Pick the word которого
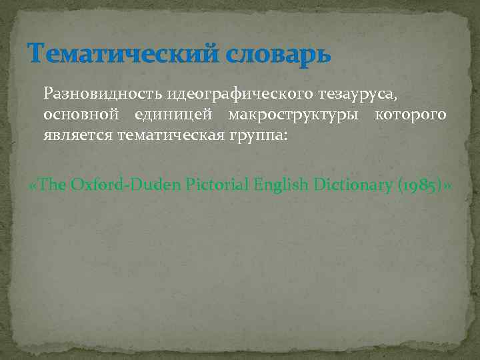click(x=411, y=115)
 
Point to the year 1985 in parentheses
click(x=421, y=185)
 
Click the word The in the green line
click(x=53, y=185)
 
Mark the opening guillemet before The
click(x=35, y=185)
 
